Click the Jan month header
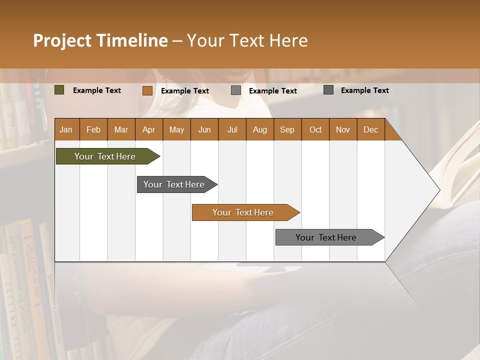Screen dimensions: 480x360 [x=66, y=129]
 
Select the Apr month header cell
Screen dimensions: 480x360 [x=148, y=129]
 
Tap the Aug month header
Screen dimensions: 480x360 [x=259, y=129]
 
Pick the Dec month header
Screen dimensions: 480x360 [x=370, y=129]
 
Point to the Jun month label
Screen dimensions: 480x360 [x=204, y=129]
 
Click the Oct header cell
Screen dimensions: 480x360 [x=315, y=129]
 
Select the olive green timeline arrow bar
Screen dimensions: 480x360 [x=105, y=156]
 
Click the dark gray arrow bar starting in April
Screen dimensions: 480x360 [x=174, y=184]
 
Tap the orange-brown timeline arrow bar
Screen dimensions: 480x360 [x=243, y=212]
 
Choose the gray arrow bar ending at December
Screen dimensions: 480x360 [x=326, y=237]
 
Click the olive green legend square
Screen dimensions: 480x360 [x=59, y=90]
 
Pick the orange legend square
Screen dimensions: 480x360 [x=147, y=90]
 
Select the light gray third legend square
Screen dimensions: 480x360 [x=235, y=90]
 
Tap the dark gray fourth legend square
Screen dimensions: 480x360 [x=328, y=90]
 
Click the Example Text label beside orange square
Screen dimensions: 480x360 [x=184, y=90]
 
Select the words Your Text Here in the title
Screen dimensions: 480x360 [x=247, y=40]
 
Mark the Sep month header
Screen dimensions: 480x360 [x=287, y=129]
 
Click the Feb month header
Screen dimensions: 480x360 [x=93, y=129]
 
